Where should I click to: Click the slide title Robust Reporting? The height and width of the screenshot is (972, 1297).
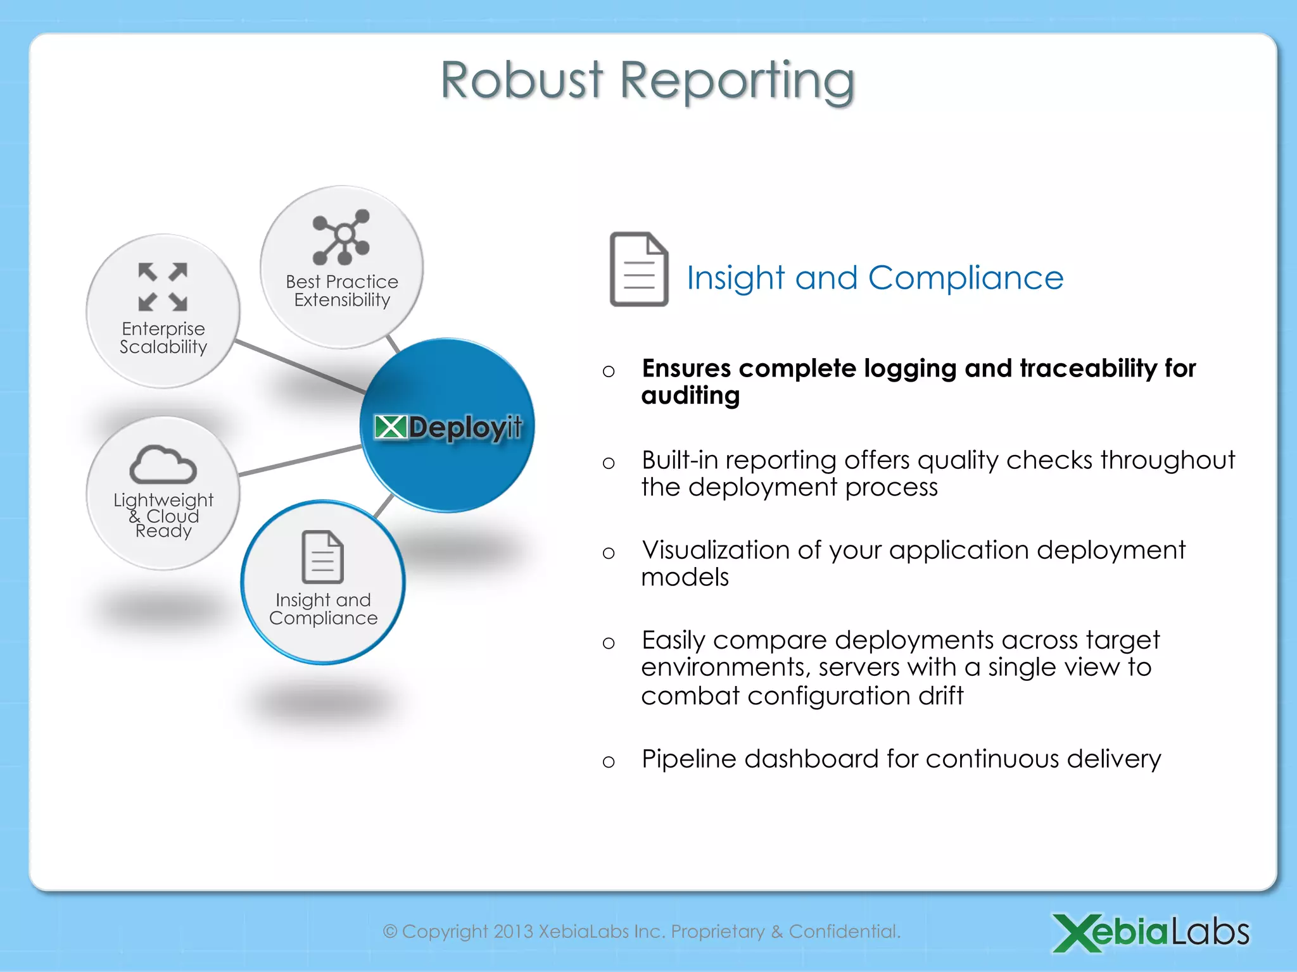(x=647, y=81)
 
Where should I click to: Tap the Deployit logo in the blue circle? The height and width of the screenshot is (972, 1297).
(x=448, y=428)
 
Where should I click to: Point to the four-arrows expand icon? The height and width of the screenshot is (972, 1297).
(x=163, y=287)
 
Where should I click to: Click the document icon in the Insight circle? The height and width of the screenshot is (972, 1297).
(x=322, y=557)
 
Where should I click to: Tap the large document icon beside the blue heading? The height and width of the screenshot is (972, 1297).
(x=638, y=270)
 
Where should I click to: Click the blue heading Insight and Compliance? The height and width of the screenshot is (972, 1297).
(x=875, y=278)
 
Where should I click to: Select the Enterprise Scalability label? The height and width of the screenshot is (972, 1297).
(x=163, y=338)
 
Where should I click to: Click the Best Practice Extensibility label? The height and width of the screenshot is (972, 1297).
(x=342, y=290)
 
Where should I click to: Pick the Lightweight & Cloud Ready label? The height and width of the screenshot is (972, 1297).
(x=163, y=515)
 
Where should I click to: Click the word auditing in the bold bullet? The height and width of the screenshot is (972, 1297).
(x=690, y=396)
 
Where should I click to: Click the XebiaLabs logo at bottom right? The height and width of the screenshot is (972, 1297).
(x=1150, y=932)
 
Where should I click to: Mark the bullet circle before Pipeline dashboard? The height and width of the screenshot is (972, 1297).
(x=609, y=761)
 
